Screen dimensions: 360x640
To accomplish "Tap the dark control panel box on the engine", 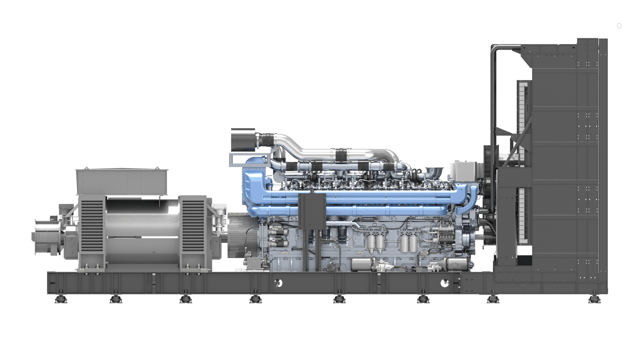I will click(x=312, y=211).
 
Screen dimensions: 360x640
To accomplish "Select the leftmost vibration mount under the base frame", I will click(x=61, y=299).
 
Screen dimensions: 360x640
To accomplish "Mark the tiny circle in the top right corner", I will click(x=619, y=26).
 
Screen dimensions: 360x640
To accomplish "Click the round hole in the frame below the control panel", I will click(x=278, y=283).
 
